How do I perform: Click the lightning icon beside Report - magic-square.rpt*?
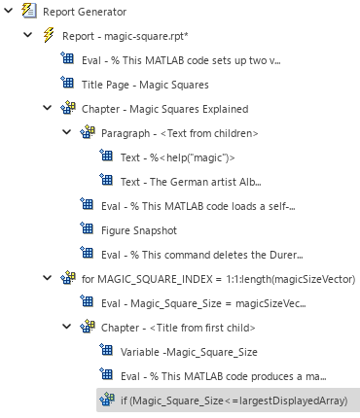click(x=48, y=36)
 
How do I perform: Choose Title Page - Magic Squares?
click(x=146, y=85)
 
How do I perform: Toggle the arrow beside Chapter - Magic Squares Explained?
click(x=48, y=109)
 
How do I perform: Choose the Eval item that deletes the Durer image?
click(x=191, y=255)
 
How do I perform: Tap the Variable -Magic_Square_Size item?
click(x=190, y=352)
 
